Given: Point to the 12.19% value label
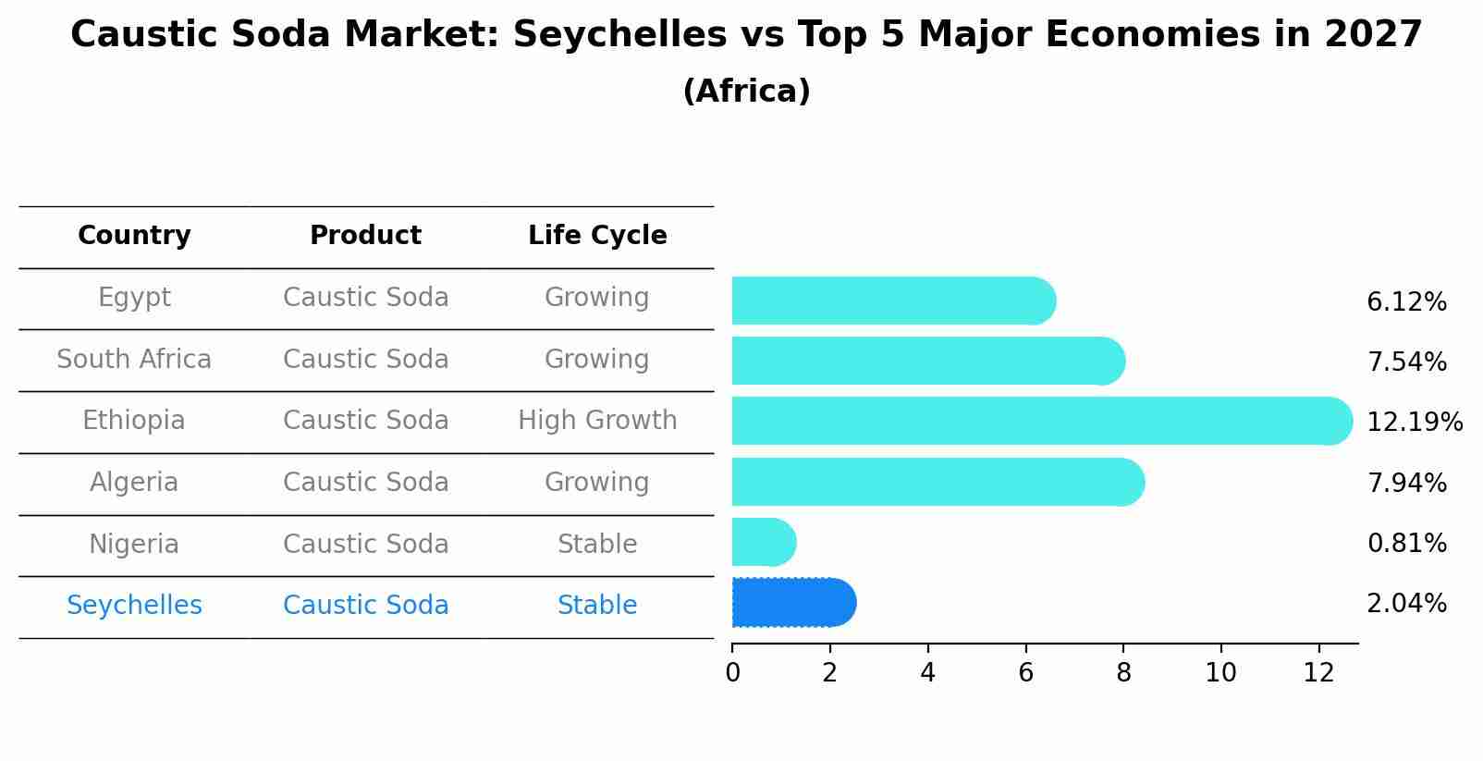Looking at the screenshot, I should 1414,423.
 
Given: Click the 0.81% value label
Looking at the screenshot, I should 1406,544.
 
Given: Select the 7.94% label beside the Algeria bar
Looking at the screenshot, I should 1406,483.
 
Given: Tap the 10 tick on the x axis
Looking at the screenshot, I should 1220,673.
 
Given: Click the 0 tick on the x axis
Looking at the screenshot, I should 733,673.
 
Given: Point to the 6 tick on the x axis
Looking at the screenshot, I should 1025,673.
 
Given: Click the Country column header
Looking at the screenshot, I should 134,236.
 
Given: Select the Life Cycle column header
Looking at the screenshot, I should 597,236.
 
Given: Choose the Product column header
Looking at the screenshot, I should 365,236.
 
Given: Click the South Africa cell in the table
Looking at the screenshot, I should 134,359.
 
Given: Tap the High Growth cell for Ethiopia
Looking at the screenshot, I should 597,421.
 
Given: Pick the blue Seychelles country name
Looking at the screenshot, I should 134,606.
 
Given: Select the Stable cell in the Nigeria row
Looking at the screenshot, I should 597,545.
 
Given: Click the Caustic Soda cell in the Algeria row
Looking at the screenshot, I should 365,483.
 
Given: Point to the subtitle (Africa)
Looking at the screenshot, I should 746,92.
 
